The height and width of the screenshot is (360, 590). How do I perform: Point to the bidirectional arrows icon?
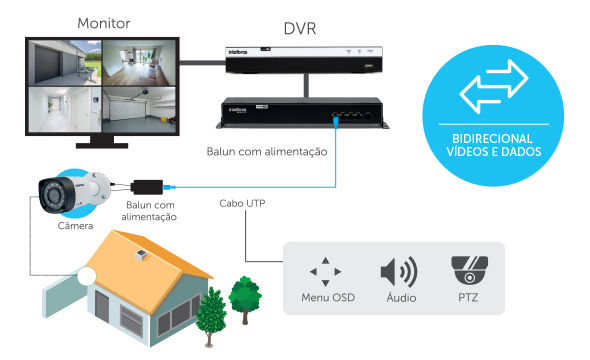coord(490,86)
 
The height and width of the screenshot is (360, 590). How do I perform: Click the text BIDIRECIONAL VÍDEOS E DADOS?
coord(490,144)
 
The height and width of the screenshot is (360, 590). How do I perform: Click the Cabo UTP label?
coord(243,203)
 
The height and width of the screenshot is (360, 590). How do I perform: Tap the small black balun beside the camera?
coord(147,186)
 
